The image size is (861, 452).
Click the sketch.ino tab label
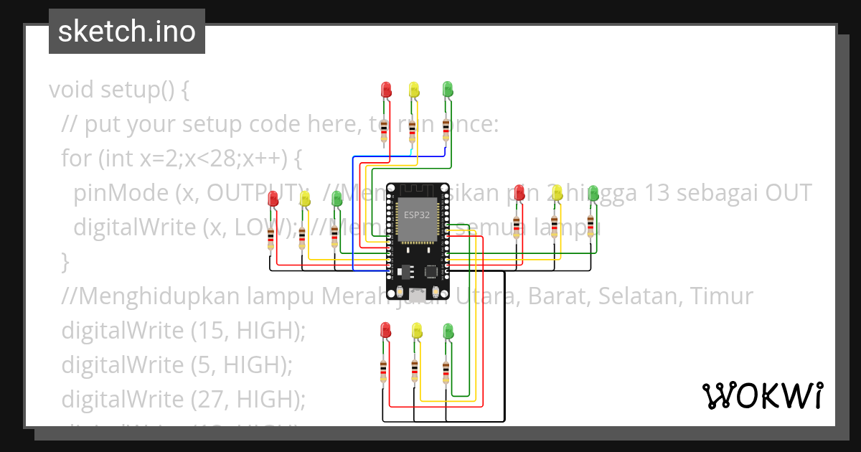(126, 32)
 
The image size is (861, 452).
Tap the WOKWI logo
(762, 395)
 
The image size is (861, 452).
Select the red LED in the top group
(386, 89)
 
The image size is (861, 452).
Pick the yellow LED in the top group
(414, 89)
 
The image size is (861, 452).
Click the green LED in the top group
(448, 88)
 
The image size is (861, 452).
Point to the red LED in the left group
(273, 199)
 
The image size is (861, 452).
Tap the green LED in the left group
(337, 199)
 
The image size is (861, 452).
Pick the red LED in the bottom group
(385, 330)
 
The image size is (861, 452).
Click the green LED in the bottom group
(448, 330)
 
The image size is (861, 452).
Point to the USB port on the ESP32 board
(416, 293)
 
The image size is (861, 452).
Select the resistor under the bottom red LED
(383, 370)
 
